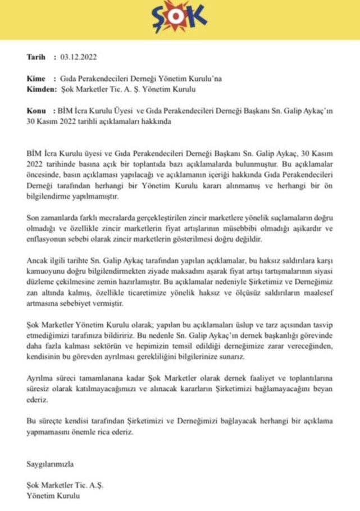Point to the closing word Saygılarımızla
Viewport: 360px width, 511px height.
pyautogui.click(x=50, y=464)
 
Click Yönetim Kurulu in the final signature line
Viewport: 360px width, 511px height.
pyautogui.click(x=53, y=495)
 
